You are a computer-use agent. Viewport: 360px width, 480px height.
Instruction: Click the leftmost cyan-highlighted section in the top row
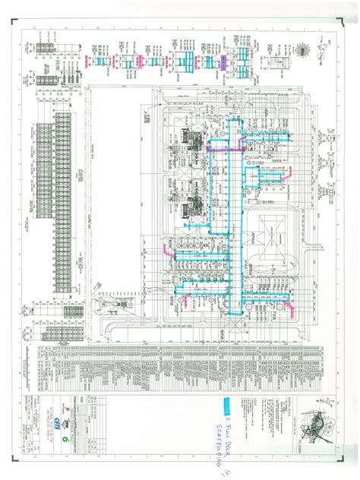coord(103,60)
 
